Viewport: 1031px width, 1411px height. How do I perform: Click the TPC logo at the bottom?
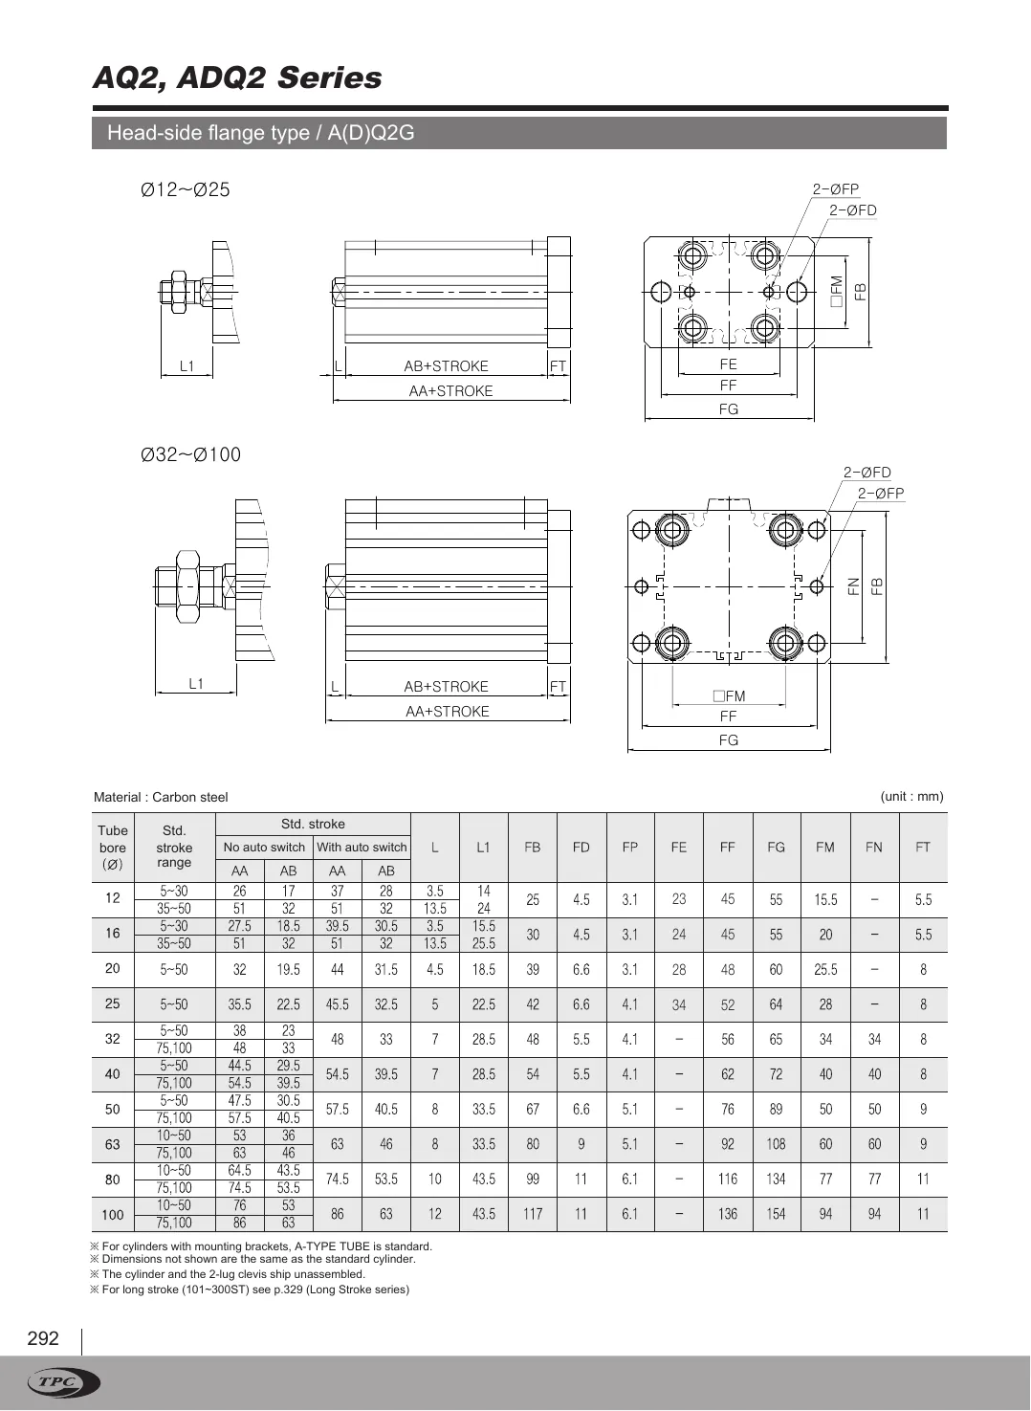click(x=64, y=1382)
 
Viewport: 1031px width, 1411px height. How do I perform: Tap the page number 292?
click(x=43, y=1338)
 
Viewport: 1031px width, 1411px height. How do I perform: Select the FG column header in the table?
click(x=776, y=848)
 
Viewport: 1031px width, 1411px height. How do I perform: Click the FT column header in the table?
click(x=923, y=848)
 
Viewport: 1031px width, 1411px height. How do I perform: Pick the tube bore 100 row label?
click(x=113, y=1215)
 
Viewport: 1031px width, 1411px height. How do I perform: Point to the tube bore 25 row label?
click(x=113, y=1003)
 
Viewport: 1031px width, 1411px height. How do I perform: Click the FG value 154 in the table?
click(x=776, y=1214)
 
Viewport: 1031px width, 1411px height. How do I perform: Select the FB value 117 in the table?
click(x=533, y=1214)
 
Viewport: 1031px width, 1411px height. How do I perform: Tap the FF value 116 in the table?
click(x=728, y=1180)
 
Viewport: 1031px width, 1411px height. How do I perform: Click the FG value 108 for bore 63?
click(x=776, y=1144)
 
